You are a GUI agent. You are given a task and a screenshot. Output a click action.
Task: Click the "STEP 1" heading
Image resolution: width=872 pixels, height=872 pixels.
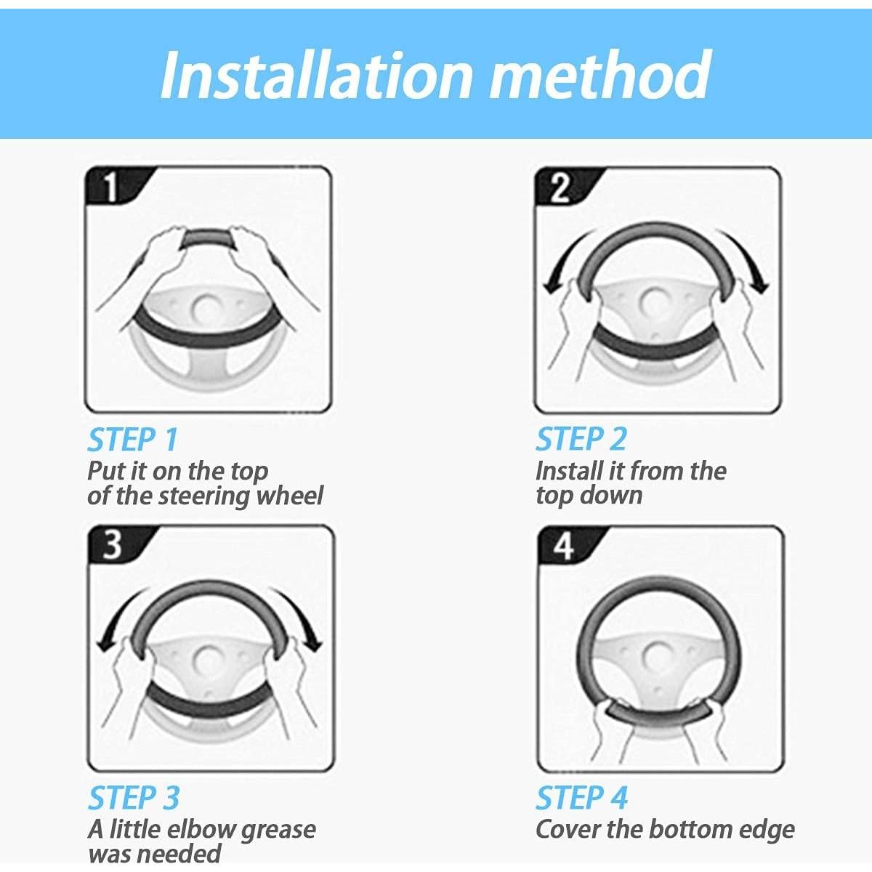point(133,439)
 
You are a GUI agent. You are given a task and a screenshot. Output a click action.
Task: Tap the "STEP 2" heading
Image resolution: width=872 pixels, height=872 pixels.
point(581,439)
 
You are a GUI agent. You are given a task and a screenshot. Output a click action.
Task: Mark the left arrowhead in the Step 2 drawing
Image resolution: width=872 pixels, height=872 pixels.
point(552,287)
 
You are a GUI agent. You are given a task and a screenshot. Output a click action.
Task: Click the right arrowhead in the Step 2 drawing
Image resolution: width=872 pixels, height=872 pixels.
point(760,286)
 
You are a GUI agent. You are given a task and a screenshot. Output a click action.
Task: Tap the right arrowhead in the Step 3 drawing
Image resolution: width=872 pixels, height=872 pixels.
point(313,644)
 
